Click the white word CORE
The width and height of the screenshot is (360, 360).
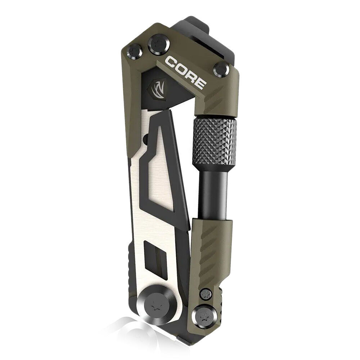click(x=185, y=72)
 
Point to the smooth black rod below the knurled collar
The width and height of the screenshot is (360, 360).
click(x=213, y=194)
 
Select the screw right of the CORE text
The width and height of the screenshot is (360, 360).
click(x=221, y=69)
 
